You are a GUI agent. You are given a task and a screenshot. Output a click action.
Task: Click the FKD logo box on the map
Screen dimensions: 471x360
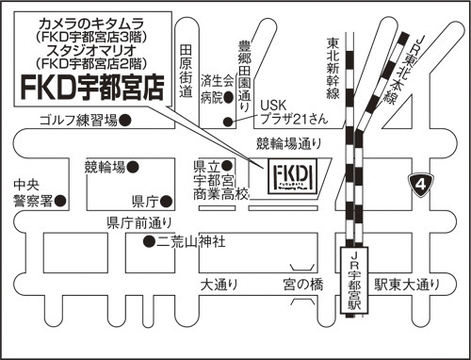click(x=293, y=176)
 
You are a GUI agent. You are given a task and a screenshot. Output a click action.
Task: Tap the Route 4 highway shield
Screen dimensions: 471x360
click(x=421, y=185)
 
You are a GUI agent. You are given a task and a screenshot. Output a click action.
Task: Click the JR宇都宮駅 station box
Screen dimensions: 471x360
click(x=354, y=280)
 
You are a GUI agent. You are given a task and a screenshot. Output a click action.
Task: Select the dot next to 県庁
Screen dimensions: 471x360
click(x=166, y=202)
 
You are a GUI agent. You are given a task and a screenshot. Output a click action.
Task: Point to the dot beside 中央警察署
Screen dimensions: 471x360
click(x=60, y=201)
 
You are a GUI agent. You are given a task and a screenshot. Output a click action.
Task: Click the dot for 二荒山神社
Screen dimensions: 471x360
click(x=149, y=241)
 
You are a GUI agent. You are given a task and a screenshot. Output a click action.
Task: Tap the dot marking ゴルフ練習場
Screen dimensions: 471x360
click(x=125, y=120)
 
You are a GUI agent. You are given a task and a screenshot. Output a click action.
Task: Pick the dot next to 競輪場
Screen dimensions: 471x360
click(x=133, y=167)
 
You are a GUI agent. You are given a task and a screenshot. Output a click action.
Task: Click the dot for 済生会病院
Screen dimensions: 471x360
click(x=228, y=98)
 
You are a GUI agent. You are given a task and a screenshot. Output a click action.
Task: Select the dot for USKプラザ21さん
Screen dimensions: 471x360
click(x=228, y=122)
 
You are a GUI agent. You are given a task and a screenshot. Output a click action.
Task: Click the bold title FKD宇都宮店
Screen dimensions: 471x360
click(x=93, y=88)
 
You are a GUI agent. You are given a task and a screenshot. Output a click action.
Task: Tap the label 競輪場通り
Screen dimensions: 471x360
click(x=289, y=144)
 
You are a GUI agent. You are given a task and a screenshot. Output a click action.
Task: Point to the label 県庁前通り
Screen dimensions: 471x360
click(x=139, y=222)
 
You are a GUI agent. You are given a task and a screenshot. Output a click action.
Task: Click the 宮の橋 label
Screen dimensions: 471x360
click(x=303, y=285)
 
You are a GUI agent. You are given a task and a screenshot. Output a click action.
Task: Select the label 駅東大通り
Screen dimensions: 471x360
click(x=407, y=285)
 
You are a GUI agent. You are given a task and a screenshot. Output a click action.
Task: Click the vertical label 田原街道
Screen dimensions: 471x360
click(x=186, y=71)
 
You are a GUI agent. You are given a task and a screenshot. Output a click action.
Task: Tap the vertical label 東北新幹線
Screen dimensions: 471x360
click(x=333, y=69)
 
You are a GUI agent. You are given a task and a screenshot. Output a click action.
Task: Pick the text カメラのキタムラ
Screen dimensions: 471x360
click(x=91, y=24)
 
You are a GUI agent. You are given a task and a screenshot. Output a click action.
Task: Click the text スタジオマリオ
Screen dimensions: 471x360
click(x=91, y=50)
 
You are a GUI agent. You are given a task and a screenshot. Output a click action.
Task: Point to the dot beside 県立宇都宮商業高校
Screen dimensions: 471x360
click(x=227, y=165)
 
